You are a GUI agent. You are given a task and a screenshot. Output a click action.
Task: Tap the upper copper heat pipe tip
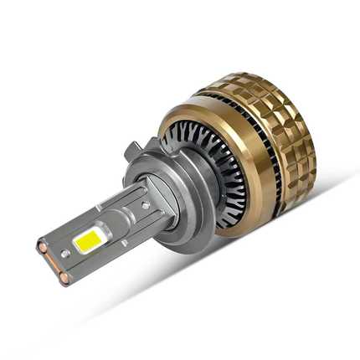pyautogui.click(x=42, y=248)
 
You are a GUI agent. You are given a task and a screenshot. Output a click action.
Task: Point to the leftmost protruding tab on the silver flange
pyautogui.click(x=133, y=152)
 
